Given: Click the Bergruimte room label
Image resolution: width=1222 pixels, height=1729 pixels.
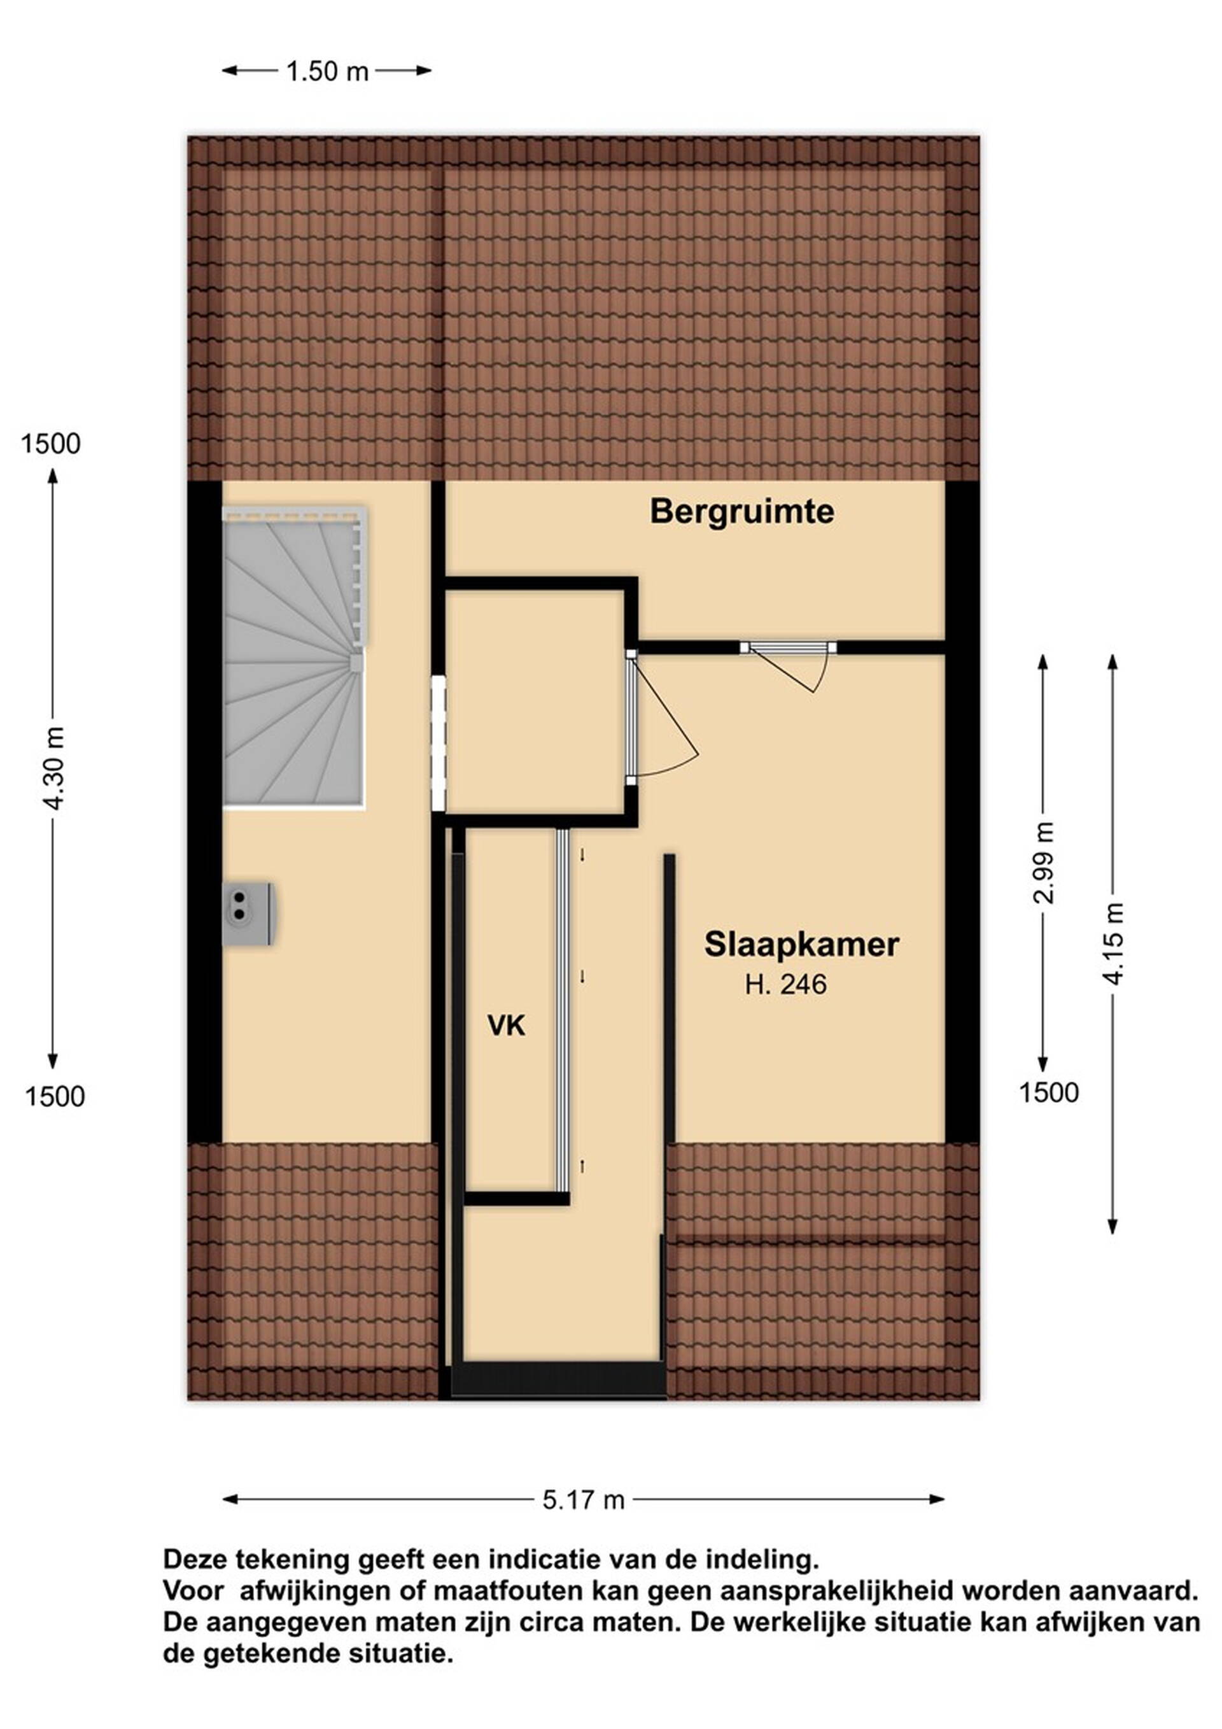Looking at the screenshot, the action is [741, 512].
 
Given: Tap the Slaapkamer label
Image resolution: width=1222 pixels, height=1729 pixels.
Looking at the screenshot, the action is [802, 944].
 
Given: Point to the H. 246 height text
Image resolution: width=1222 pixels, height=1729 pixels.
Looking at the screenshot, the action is [786, 984].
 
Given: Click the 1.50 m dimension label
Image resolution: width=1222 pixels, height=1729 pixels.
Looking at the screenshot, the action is [328, 71].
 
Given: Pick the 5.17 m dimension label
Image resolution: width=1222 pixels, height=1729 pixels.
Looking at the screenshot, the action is [584, 1500].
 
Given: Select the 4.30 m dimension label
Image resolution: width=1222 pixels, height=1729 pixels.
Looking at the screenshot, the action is [54, 769].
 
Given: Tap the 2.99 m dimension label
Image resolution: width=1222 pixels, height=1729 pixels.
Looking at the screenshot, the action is [1044, 862].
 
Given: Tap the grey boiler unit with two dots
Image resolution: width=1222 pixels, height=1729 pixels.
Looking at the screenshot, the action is [248, 914].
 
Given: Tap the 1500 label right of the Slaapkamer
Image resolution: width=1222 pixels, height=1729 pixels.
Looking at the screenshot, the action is [1049, 1092].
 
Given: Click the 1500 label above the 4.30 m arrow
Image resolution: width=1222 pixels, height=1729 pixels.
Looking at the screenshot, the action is [50, 444].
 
